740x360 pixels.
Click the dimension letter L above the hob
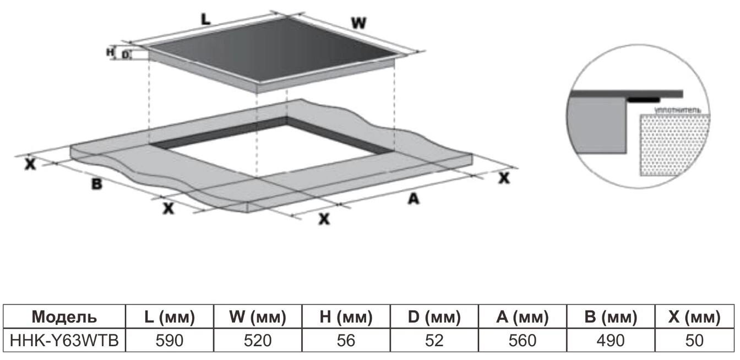coord(206,19)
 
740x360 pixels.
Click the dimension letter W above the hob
coord(359,23)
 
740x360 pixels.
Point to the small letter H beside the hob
coord(110,52)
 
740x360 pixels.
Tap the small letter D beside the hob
coord(125,55)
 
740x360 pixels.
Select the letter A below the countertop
coord(413,199)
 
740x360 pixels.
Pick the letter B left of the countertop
coord(97,184)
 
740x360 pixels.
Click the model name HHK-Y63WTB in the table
coord(64,341)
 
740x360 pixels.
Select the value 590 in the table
coord(170,341)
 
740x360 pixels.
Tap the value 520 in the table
coord(258,341)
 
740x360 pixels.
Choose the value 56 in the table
coord(346,341)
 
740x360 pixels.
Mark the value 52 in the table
coord(434,341)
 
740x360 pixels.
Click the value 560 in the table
coord(523,341)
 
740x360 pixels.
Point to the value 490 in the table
coord(611,341)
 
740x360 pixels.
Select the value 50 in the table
coord(694,341)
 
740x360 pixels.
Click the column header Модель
coord(64,317)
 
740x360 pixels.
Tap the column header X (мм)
coord(694,317)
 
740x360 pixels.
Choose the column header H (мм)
coord(346,317)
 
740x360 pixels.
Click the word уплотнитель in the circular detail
coord(677,110)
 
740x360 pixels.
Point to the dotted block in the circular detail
coord(674,145)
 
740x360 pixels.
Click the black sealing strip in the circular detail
coord(644,100)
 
